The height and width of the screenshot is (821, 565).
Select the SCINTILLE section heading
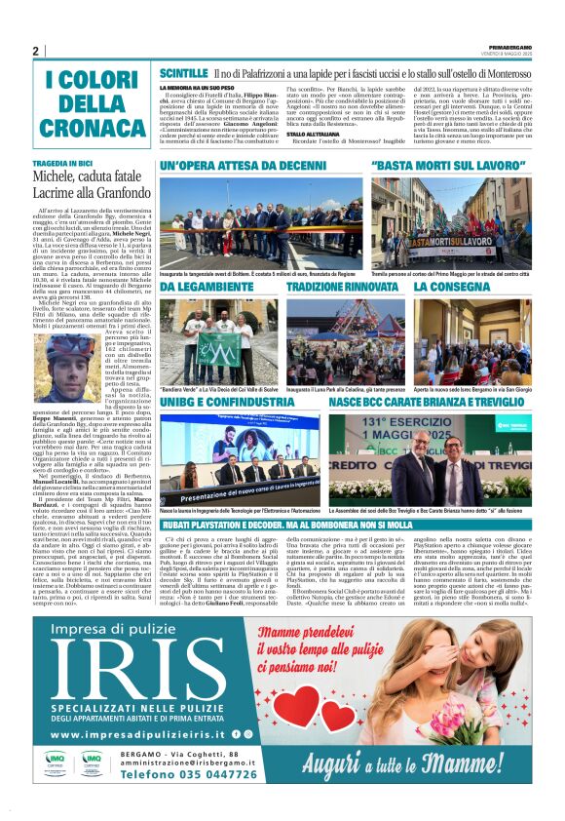(x=184, y=73)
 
